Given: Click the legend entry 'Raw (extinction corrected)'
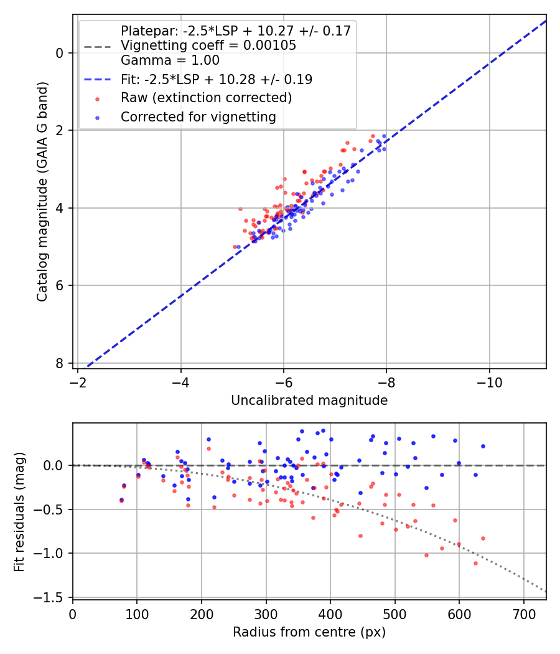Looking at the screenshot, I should (x=206, y=98).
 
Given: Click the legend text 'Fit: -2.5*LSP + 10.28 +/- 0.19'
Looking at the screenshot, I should (x=216, y=80).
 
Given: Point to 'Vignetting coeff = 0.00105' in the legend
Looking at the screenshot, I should (x=208, y=45).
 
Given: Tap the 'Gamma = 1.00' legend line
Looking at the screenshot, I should (x=170, y=60).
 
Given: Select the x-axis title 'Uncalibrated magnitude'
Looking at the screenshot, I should (x=309, y=400).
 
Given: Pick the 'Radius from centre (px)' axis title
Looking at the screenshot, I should (x=309, y=632).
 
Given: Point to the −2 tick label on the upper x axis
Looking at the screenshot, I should (x=78, y=380).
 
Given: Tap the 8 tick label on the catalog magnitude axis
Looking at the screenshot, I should (x=60, y=363).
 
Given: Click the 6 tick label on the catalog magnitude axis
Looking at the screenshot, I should (x=60, y=286).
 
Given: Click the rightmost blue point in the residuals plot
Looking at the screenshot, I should (x=483, y=446).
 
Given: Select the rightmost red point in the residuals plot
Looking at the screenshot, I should (x=483, y=538).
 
